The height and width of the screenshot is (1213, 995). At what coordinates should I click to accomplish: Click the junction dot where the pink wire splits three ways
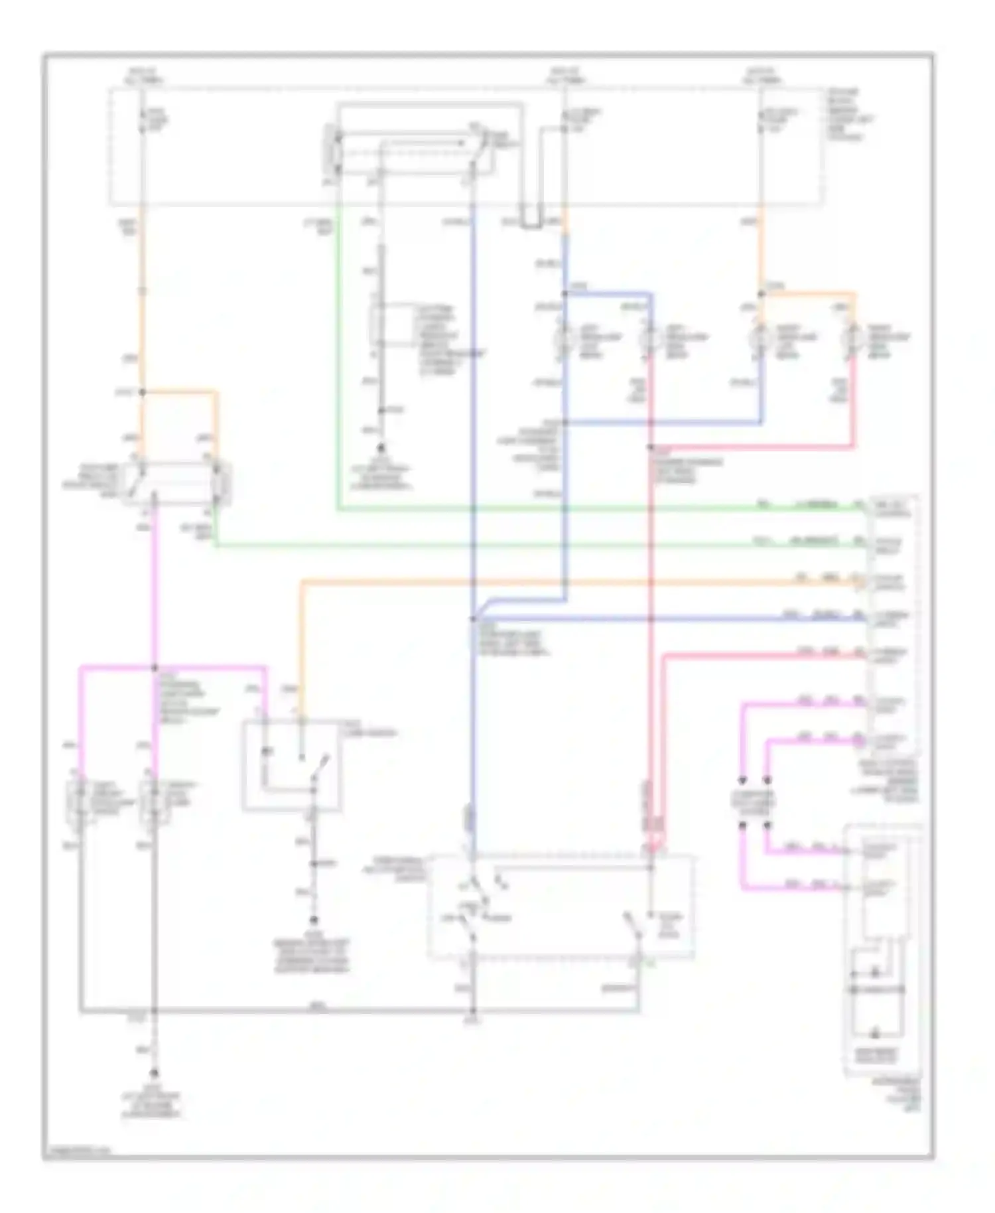[x=155, y=668]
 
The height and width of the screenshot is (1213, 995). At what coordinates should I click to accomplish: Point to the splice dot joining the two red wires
[x=651, y=447]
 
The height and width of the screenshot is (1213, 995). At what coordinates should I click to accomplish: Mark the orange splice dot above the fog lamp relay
[x=141, y=392]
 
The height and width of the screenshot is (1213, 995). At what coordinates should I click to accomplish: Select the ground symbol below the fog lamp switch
[x=314, y=920]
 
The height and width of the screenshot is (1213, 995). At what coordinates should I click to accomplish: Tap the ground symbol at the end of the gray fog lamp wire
[x=155, y=1074]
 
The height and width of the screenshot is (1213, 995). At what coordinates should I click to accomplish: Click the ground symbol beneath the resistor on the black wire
[x=381, y=449]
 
